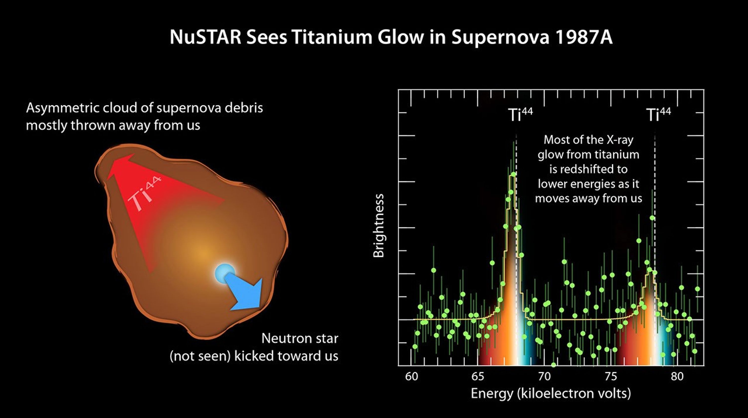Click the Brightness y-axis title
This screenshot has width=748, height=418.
pyautogui.click(x=378, y=226)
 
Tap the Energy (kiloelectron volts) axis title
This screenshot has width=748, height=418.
pyautogui.click(x=551, y=394)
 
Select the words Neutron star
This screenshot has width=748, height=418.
pyautogui.click(x=300, y=339)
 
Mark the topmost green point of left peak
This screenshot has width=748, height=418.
pyautogui.click(x=513, y=174)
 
